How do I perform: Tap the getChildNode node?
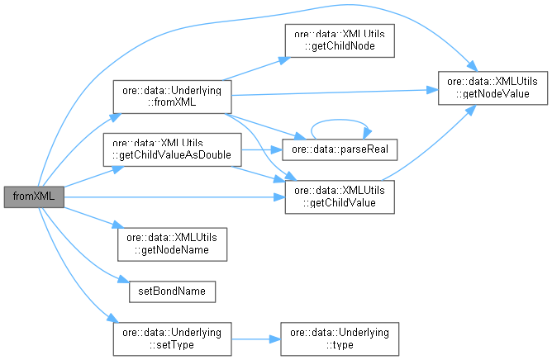tap(339, 40)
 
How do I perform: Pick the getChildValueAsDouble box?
tap(171, 149)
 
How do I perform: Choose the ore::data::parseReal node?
tap(340, 149)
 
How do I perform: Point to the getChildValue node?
tap(340, 197)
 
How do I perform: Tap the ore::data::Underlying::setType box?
tap(171, 339)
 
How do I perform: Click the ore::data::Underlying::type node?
tap(340, 339)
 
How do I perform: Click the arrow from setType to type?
tap(256, 339)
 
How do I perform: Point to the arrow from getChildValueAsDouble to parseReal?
tap(260, 150)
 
